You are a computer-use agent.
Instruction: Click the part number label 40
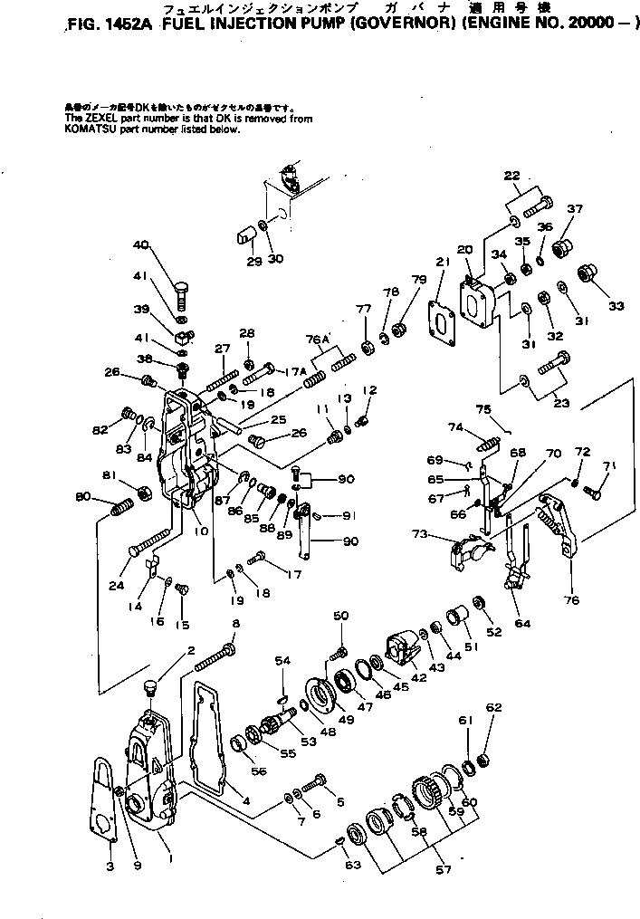[140, 244]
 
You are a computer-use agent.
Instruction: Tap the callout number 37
[573, 209]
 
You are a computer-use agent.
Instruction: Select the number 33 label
[616, 306]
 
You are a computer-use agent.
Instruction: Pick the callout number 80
[82, 495]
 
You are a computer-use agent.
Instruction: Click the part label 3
[110, 867]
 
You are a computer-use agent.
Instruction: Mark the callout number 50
[340, 616]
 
